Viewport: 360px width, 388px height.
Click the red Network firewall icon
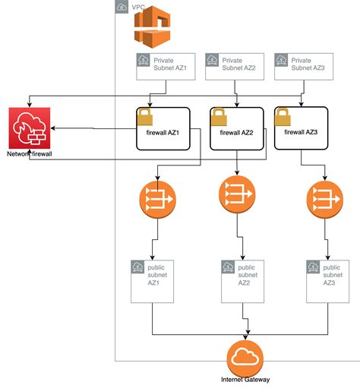pyautogui.click(x=30, y=128)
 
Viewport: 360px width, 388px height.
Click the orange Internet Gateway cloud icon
pyautogui.click(x=245, y=358)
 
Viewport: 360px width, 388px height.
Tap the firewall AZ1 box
pyautogui.click(x=163, y=129)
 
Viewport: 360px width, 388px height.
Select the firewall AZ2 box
pyautogui.click(x=237, y=129)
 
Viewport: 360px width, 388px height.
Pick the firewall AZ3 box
pyautogui.click(x=302, y=128)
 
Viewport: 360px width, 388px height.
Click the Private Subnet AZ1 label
pyautogui.click(x=170, y=64)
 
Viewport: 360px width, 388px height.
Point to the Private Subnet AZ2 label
pyautogui.click(x=238, y=64)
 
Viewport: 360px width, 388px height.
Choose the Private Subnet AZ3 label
pyautogui.click(x=308, y=64)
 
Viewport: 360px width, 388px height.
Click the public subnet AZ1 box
pyautogui.click(x=153, y=282)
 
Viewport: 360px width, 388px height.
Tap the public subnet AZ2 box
pyautogui.click(x=243, y=282)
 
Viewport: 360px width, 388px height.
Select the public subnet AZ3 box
pyautogui.click(x=328, y=282)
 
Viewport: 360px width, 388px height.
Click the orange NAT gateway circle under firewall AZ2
pyautogui.click(x=237, y=194)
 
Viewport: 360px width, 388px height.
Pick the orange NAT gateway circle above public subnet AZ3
pyautogui.click(x=325, y=200)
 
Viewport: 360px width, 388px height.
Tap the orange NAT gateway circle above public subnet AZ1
pyautogui.click(x=158, y=200)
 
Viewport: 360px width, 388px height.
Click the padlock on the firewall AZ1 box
pyautogui.click(x=145, y=117)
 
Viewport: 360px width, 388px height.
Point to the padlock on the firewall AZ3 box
pyautogui.click(x=283, y=117)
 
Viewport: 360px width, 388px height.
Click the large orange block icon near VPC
pyautogui.click(x=152, y=27)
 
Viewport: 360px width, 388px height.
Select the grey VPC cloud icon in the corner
pyautogui.click(x=122, y=7)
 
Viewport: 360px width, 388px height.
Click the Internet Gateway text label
pyautogui.click(x=245, y=380)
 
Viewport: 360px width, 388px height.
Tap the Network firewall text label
pyautogui.click(x=30, y=154)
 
